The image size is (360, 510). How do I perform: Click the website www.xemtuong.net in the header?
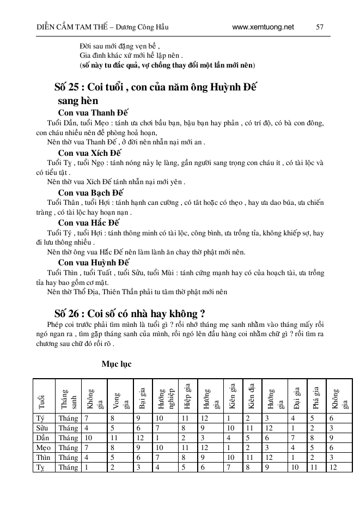pos(263,26)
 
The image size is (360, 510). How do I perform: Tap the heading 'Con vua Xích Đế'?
pos(91,153)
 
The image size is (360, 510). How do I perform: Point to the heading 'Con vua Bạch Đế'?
pos(91,193)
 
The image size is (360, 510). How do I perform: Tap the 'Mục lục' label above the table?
pos(117,363)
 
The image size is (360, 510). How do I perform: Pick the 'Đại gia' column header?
pos(297,396)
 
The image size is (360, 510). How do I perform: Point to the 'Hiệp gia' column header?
pos(187,396)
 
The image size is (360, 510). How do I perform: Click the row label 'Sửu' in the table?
pos(41,428)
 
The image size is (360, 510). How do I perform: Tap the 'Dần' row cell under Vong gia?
pos(114,438)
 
